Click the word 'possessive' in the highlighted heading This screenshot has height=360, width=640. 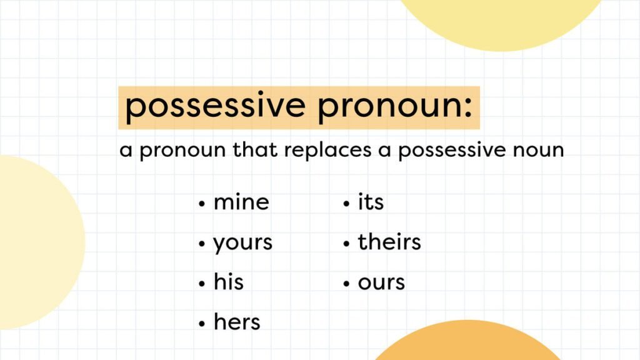tap(214, 107)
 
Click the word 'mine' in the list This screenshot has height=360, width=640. tap(241, 202)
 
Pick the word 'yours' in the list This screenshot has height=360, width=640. tap(243, 243)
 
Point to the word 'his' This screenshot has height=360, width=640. tap(229, 282)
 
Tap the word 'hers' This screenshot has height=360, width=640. tap(237, 322)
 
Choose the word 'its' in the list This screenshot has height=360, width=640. tap(371, 202)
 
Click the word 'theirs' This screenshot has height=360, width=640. tap(389, 242)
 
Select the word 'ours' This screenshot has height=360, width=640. tap(381, 283)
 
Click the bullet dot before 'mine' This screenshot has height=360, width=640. tap(202, 204)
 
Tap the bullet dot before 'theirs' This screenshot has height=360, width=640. tap(346, 244)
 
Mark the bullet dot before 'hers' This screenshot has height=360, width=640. tap(202, 324)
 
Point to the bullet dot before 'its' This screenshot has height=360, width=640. tap(346, 204)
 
